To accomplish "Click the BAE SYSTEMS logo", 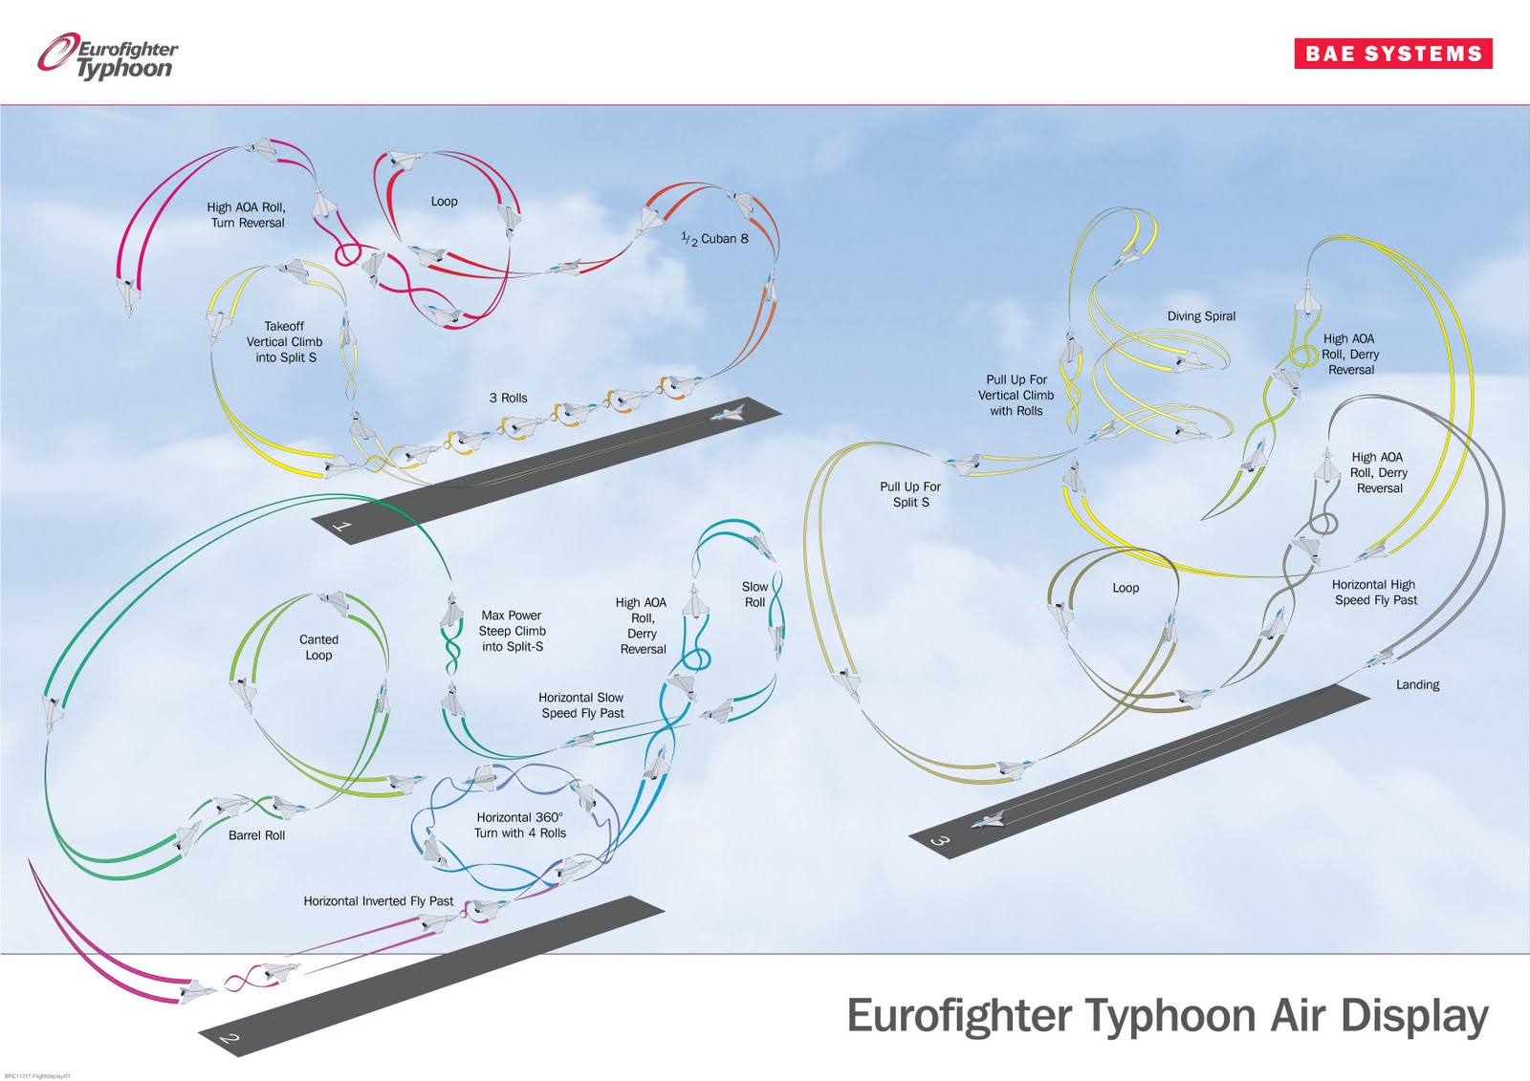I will [x=1393, y=54].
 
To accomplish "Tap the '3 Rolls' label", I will [x=508, y=398].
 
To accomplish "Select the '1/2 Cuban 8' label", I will [x=714, y=238].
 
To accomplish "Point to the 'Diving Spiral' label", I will [x=1201, y=316].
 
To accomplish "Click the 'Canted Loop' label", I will [x=318, y=647].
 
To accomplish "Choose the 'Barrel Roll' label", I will [x=256, y=835].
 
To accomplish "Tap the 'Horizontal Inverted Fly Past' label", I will [x=379, y=901].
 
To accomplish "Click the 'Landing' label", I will [x=1417, y=684].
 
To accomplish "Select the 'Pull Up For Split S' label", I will [x=910, y=494].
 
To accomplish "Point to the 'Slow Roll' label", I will [x=754, y=595].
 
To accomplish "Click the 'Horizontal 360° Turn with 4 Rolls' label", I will [x=520, y=825].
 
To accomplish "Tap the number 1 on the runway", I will [x=341, y=526].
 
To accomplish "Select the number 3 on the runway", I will [x=940, y=840].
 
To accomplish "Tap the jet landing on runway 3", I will [x=989, y=819].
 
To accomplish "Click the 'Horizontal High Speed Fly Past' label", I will [x=1375, y=593].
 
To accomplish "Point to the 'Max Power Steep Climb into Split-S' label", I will [x=512, y=631].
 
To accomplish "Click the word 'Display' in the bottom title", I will [x=1413, y=1017].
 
